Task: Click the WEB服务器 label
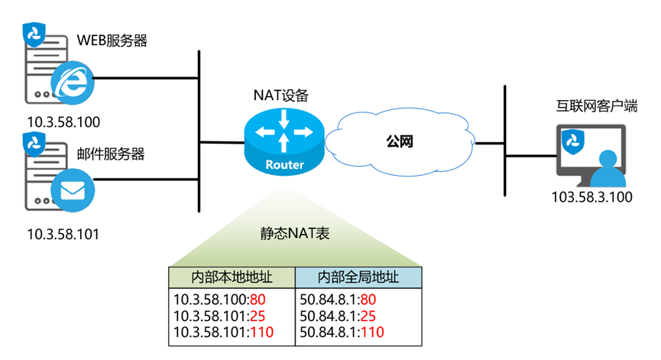pos(112,40)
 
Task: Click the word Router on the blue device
pos(284,165)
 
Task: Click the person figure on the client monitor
pos(608,169)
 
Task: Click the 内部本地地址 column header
pos(231,277)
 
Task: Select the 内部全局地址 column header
pos(358,277)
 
